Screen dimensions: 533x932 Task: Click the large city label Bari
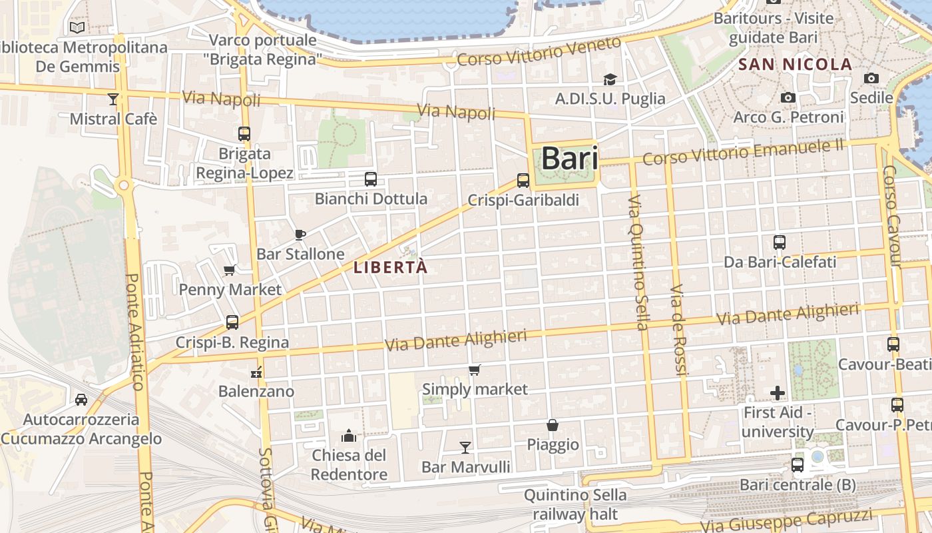[569, 159]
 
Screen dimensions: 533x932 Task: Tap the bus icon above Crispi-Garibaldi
[523, 180]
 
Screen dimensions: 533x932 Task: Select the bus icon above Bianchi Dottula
[371, 179]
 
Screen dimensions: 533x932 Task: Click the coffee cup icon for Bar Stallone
[300, 235]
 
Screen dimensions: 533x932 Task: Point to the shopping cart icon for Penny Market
[230, 270]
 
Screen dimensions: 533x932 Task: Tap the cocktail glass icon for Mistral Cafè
[113, 99]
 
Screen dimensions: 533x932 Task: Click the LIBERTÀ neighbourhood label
[390, 268]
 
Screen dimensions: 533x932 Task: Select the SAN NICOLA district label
[796, 65]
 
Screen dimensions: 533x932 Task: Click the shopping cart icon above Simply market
[475, 370]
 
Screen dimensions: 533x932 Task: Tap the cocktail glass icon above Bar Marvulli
[465, 447]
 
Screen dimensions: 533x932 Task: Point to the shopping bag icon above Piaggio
[553, 425]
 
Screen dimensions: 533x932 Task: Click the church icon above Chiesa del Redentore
[349, 436]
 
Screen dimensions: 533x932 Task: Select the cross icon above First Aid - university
[778, 393]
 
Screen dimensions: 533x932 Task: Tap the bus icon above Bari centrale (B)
[798, 465]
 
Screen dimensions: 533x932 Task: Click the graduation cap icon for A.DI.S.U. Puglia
[610, 80]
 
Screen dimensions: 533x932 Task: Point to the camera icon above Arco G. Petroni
[788, 98]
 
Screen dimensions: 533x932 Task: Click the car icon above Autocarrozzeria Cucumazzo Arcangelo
[81, 400]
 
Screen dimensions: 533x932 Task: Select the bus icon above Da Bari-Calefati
[780, 243]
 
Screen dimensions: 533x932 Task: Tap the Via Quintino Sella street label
[638, 263]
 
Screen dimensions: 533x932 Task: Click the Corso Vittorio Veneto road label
[539, 52]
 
